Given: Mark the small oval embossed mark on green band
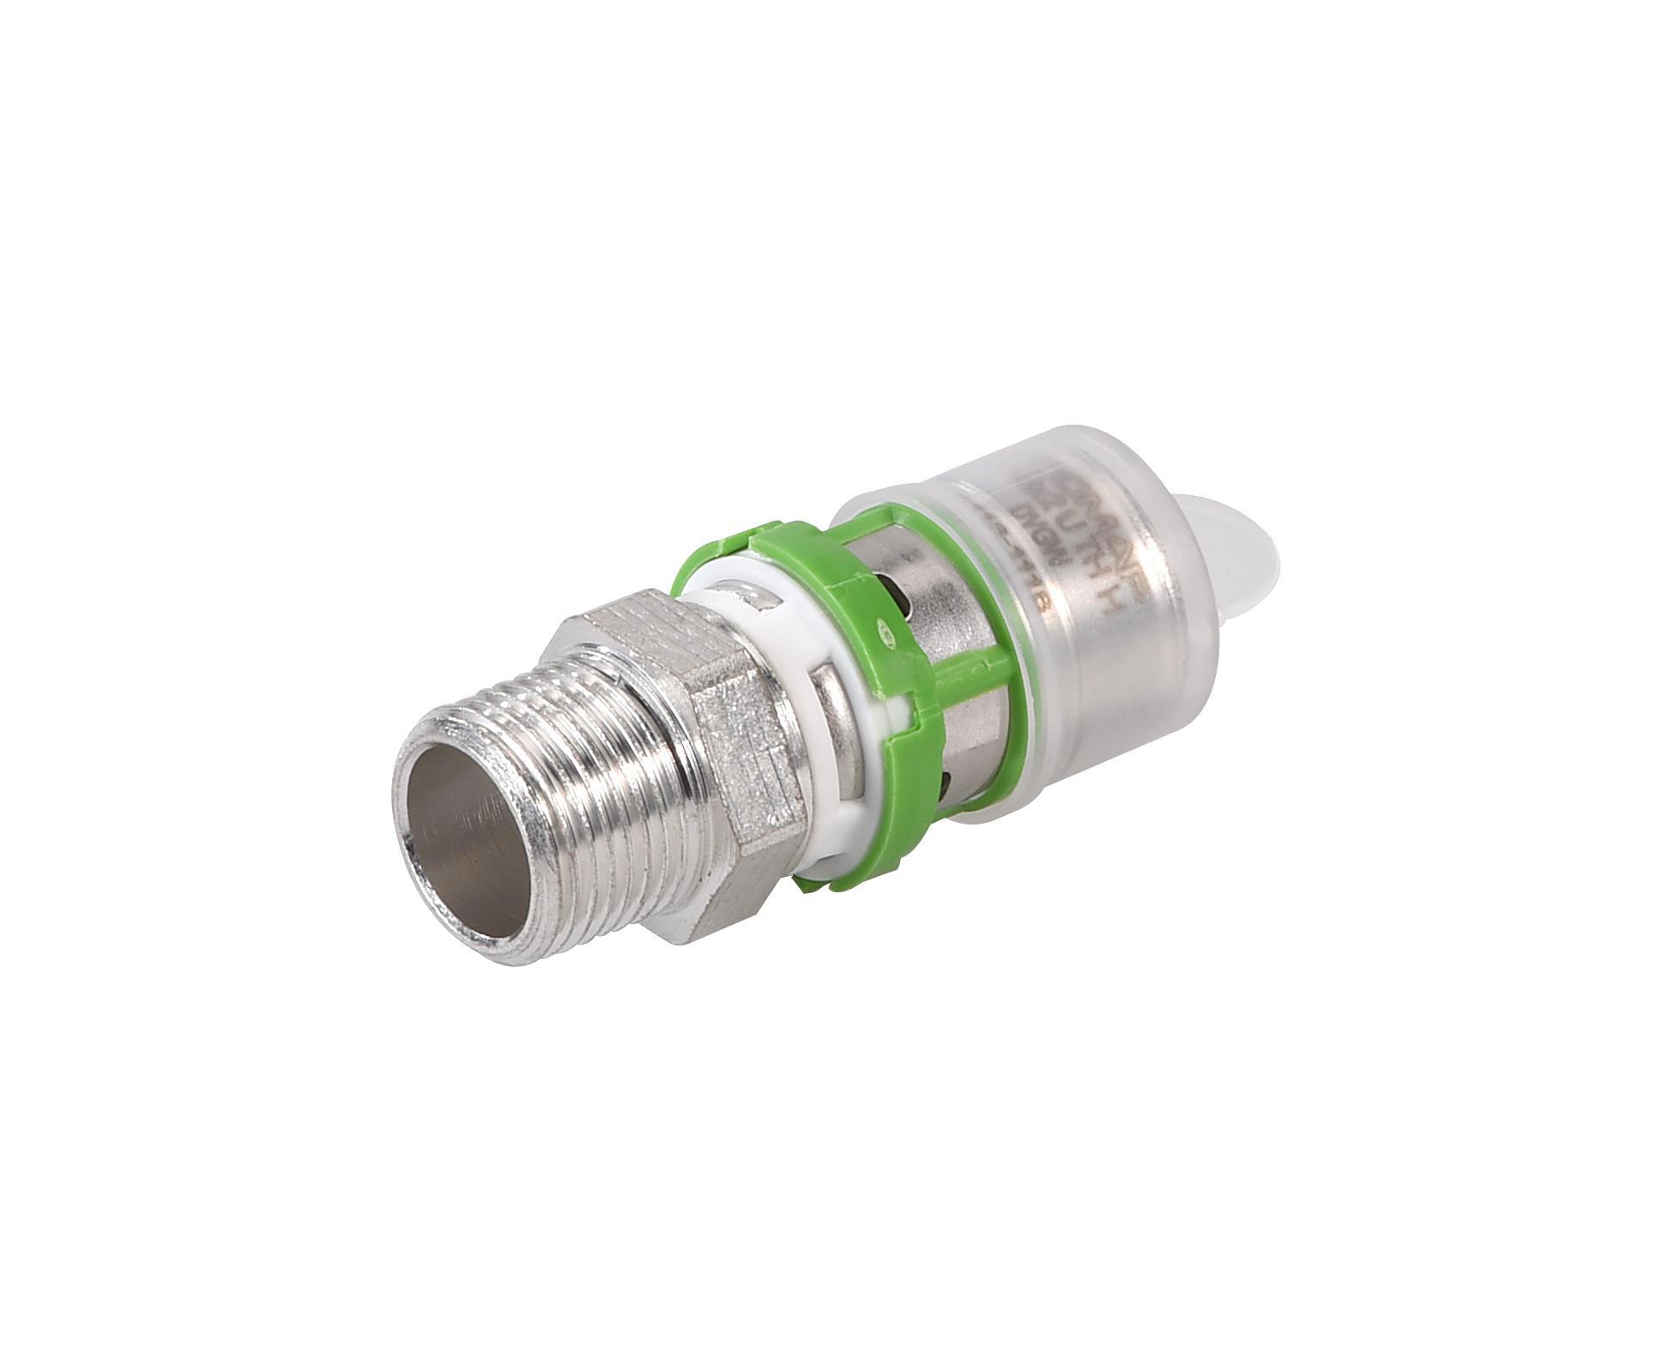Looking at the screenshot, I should [x=883, y=636].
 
